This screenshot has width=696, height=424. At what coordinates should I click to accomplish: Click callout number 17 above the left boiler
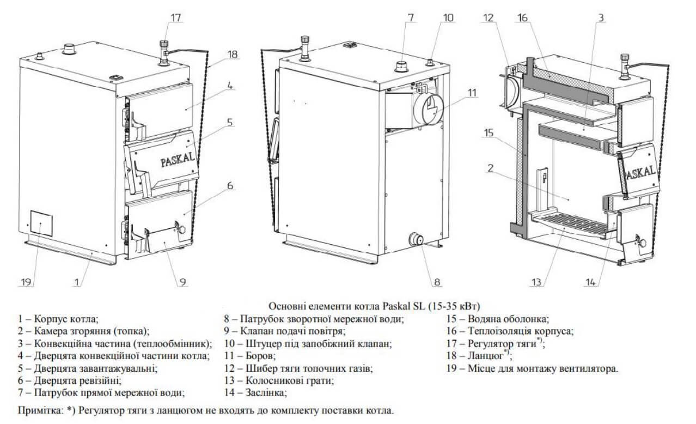tap(175, 17)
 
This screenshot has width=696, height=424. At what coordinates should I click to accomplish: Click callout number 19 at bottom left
tap(26, 282)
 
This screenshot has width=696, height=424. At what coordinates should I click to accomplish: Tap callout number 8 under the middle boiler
tap(437, 282)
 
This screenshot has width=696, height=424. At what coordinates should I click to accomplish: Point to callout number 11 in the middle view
tap(472, 93)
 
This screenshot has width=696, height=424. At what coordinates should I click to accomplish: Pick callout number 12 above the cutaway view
tap(488, 17)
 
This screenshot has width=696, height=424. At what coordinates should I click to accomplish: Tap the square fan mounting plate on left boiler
tap(41, 223)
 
